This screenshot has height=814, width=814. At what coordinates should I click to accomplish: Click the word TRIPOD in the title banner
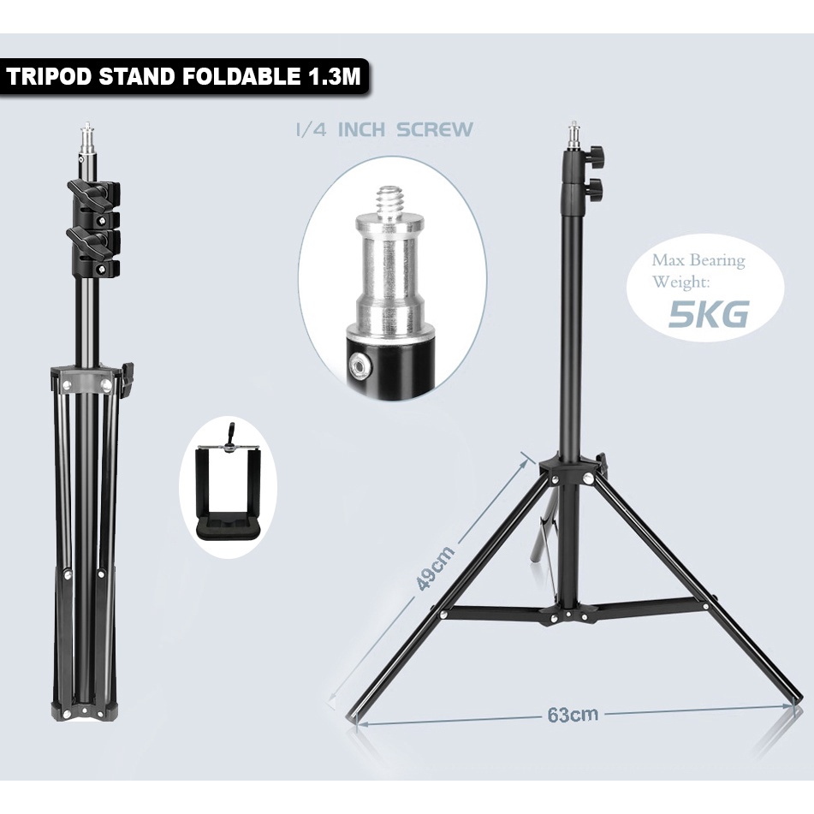(51, 77)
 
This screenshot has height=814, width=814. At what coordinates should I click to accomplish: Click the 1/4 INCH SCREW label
(384, 130)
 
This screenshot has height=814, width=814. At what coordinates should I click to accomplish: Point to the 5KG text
(708, 313)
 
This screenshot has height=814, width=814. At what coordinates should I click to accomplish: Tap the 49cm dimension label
(436, 567)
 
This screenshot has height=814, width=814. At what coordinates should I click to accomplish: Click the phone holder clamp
(229, 485)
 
